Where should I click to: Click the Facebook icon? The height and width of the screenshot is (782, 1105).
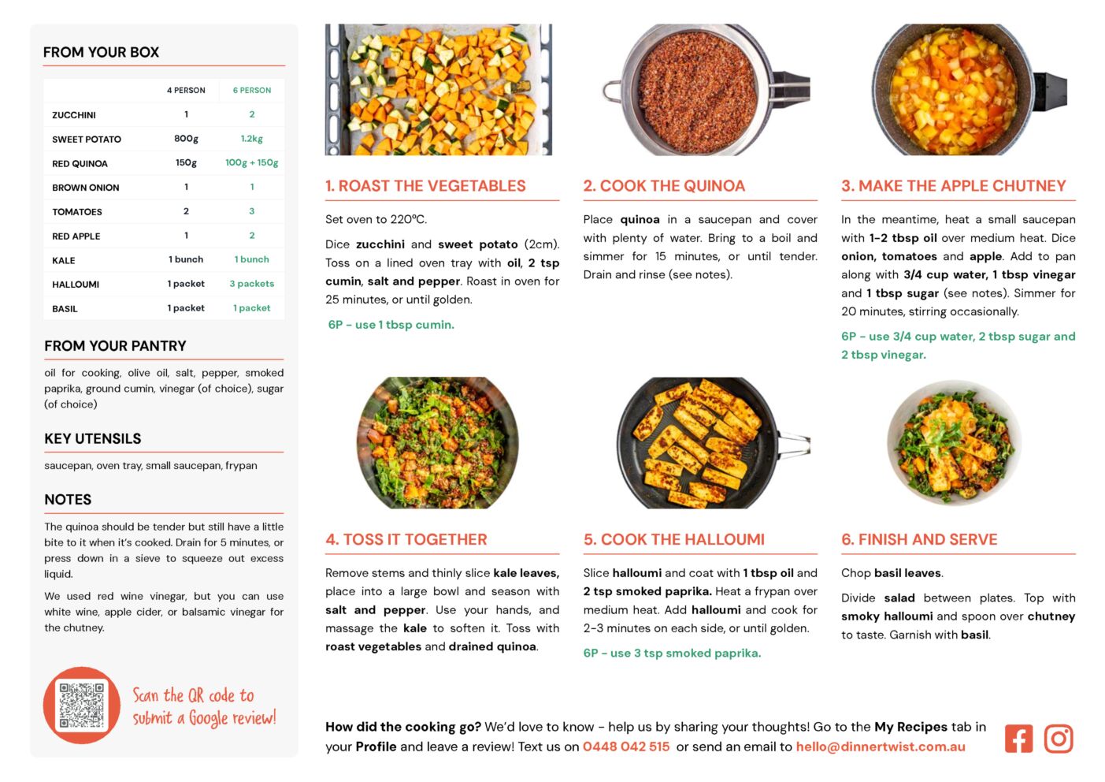pyautogui.click(x=1018, y=738)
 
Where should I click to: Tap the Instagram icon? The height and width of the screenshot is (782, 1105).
pyautogui.click(x=1059, y=738)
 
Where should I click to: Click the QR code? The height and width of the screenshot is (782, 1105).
pyautogui.click(x=82, y=705)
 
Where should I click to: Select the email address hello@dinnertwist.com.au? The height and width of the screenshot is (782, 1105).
pyautogui.click(x=880, y=747)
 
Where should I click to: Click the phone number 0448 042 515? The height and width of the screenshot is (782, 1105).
pyautogui.click(x=626, y=747)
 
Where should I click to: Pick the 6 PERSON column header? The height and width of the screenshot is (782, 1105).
pyautogui.click(x=251, y=91)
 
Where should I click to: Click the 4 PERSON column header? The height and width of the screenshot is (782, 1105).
pyautogui.click(x=186, y=91)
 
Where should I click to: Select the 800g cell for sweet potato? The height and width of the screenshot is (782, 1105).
pyautogui.click(x=186, y=139)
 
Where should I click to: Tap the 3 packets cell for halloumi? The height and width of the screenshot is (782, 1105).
pyautogui.click(x=251, y=284)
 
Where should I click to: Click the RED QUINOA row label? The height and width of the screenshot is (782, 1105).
pyautogui.click(x=80, y=163)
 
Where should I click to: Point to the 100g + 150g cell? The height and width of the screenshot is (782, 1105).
pyautogui.click(x=251, y=162)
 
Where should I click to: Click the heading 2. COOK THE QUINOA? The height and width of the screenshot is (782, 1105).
pyautogui.click(x=664, y=185)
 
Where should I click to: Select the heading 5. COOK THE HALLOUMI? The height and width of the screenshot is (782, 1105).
pyautogui.click(x=674, y=539)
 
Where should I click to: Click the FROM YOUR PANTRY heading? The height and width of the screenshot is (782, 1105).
pyautogui.click(x=115, y=345)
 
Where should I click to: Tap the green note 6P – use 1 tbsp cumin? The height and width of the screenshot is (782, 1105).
pyautogui.click(x=391, y=325)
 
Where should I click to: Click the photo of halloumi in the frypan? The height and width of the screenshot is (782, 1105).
pyautogui.click(x=714, y=443)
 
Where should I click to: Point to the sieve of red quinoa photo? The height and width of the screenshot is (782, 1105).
pyautogui.click(x=706, y=90)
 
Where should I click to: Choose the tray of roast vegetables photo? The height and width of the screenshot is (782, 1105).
pyautogui.click(x=439, y=90)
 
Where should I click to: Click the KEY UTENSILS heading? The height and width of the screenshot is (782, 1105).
pyautogui.click(x=93, y=438)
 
